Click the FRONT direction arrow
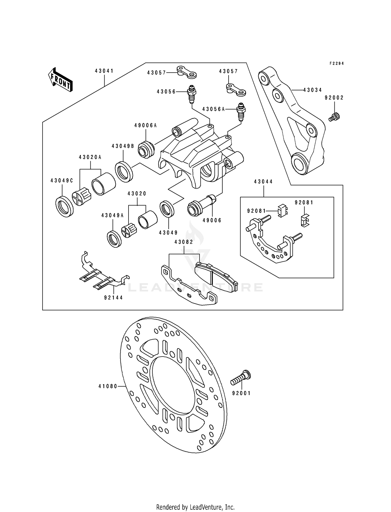click(60, 80)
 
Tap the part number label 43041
click(104, 71)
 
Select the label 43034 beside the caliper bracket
click(313, 90)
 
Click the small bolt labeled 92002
click(334, 116)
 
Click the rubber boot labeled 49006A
click(146, 149)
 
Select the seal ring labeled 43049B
click(124, 172)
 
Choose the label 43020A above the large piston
click(90, 157)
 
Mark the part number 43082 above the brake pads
click(184, 242)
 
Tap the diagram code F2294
click(337, 63)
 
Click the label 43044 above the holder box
click(263, 182)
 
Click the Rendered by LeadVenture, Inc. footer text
click(195, 500)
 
